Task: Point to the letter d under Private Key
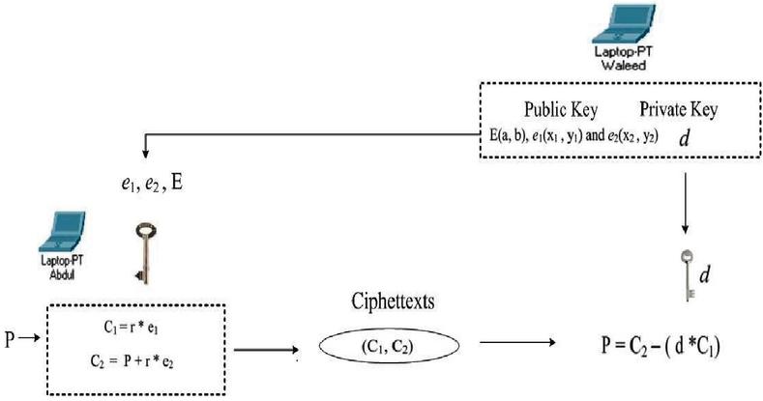point(685,139)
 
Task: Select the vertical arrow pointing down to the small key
point(685,203)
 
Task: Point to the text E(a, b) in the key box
point(502,136)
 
